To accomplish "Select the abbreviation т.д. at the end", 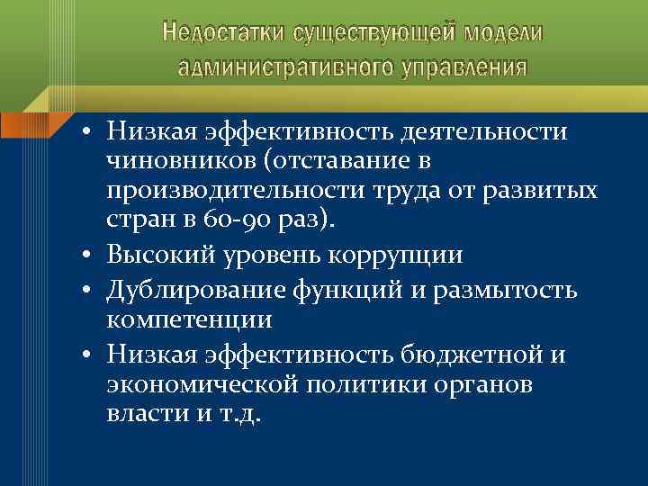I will coord(238,416).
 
